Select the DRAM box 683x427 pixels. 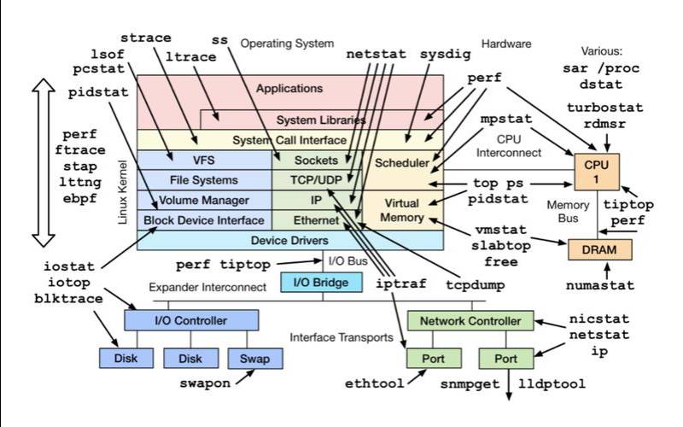point(600,249)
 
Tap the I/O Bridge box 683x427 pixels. point(314,283)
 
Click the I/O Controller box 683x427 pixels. point(190,321)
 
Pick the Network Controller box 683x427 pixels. point(470,321)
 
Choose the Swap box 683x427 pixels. point(254,358)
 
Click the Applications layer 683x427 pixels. point(289,88)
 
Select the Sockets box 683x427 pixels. point(315,160)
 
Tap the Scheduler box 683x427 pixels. point(402,163)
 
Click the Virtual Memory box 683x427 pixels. point(402,210)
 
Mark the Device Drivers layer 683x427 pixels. point(290,241)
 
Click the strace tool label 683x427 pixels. point(145,38)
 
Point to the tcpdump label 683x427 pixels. point(475,284)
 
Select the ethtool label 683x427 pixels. point(374,384)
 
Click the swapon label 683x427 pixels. point(205,383)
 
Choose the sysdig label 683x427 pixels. point(445,53)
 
